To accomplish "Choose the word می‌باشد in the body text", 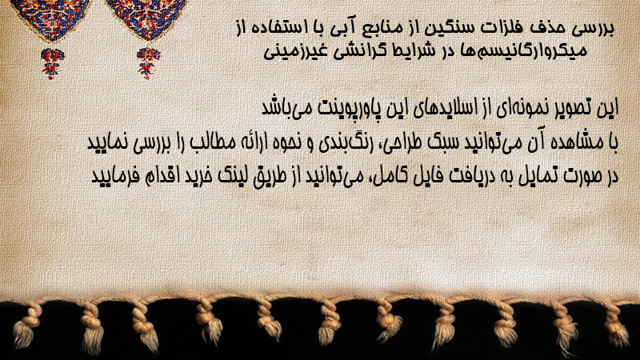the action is pos(286,108).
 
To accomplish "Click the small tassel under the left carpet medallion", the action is pos(51,62).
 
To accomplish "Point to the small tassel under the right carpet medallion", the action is pos(148,62).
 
